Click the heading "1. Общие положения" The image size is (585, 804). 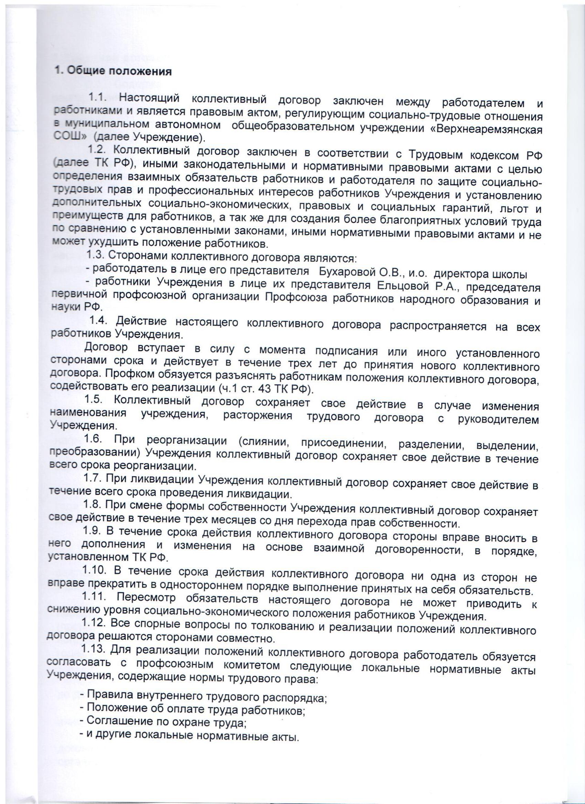pyautogui.click(x=113, y=71)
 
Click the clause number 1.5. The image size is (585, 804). pyautogui.click(x=94, y=400)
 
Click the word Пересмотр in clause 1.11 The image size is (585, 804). pyautogui.click(x=146, y=598)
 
